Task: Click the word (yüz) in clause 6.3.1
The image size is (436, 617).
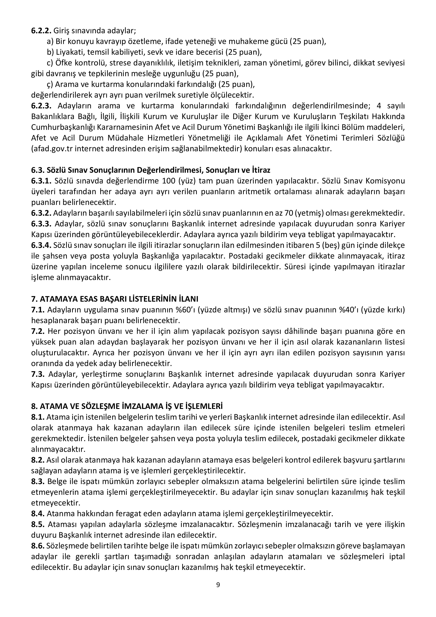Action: coord(184,181)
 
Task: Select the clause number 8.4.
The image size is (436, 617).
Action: coord(38,514)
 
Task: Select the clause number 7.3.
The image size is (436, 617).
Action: coord(38,374)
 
